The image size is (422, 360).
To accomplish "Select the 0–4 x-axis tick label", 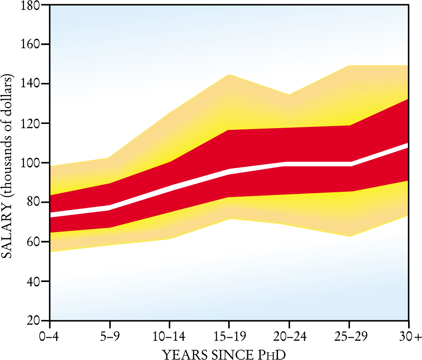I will (x=50, y=337).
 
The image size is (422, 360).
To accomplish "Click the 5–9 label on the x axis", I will (x=110, y=337).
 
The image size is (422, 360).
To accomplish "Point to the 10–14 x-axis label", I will (x=169, y=337).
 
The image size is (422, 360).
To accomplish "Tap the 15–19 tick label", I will (x=229, y=337).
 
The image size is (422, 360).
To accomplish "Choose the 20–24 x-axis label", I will (x=289, y=337).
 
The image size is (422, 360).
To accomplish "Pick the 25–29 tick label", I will (x=349, y=337).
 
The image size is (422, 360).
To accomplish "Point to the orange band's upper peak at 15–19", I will (x=229, y=75).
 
